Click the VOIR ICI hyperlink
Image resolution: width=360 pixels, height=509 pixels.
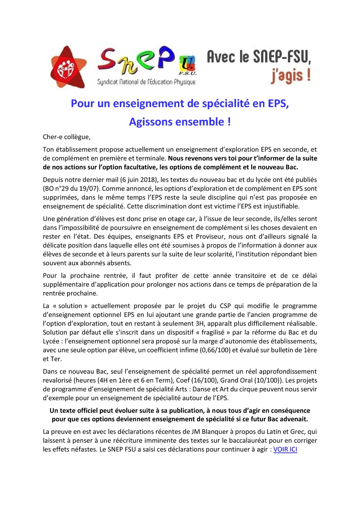coord(285,449)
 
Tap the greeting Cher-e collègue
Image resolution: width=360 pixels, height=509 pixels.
coord(67,137)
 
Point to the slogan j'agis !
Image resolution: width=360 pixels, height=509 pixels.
coord(290,75)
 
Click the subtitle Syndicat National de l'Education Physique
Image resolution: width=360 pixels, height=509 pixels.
coord(146,82)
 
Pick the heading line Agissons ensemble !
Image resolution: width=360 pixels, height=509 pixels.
coord(180,121)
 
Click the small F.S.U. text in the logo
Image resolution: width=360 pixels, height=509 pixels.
coord(188,73)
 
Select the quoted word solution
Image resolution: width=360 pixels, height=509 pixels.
coord(70,306)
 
